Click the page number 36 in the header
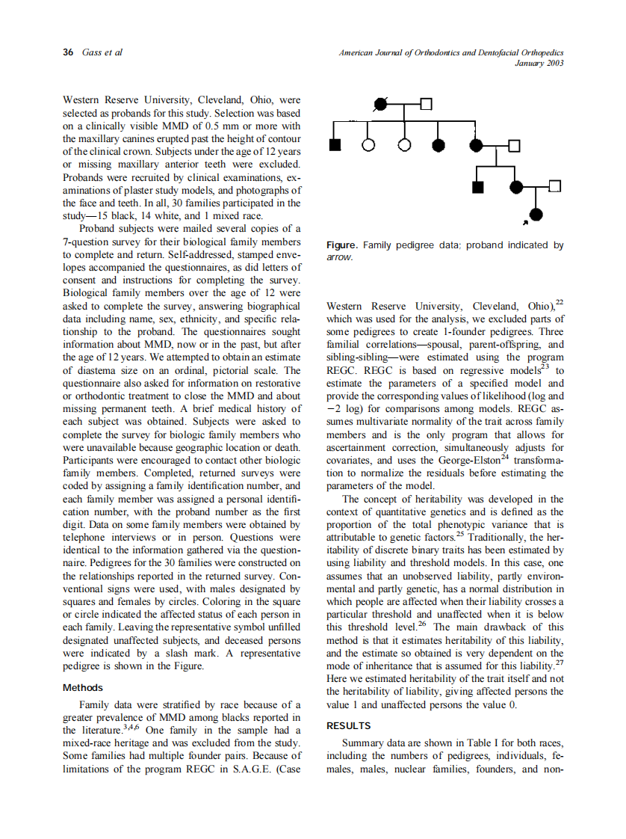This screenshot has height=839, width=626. point(67,52)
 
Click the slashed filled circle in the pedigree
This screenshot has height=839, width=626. point(381,103)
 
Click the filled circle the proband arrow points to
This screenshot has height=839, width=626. point(536,215)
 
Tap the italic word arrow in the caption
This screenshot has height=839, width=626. point(339,256)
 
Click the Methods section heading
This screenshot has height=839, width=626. point(83,687)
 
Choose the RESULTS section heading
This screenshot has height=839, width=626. point(349,725)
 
